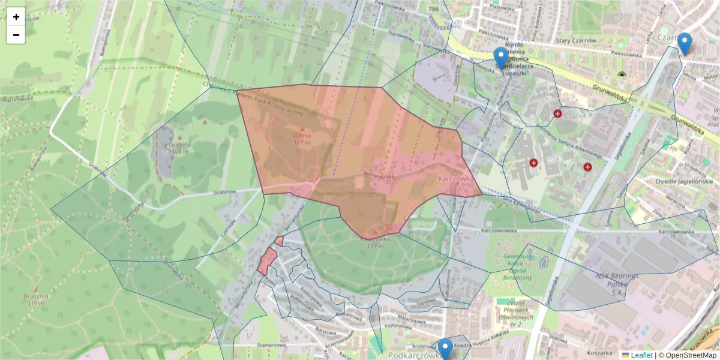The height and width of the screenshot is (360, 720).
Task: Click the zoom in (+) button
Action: (16, 17)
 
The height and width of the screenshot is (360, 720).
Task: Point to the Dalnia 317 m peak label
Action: (302, 139)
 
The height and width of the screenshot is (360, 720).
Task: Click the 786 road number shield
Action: (433, 9)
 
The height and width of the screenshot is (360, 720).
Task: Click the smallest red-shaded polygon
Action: (279, 241)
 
